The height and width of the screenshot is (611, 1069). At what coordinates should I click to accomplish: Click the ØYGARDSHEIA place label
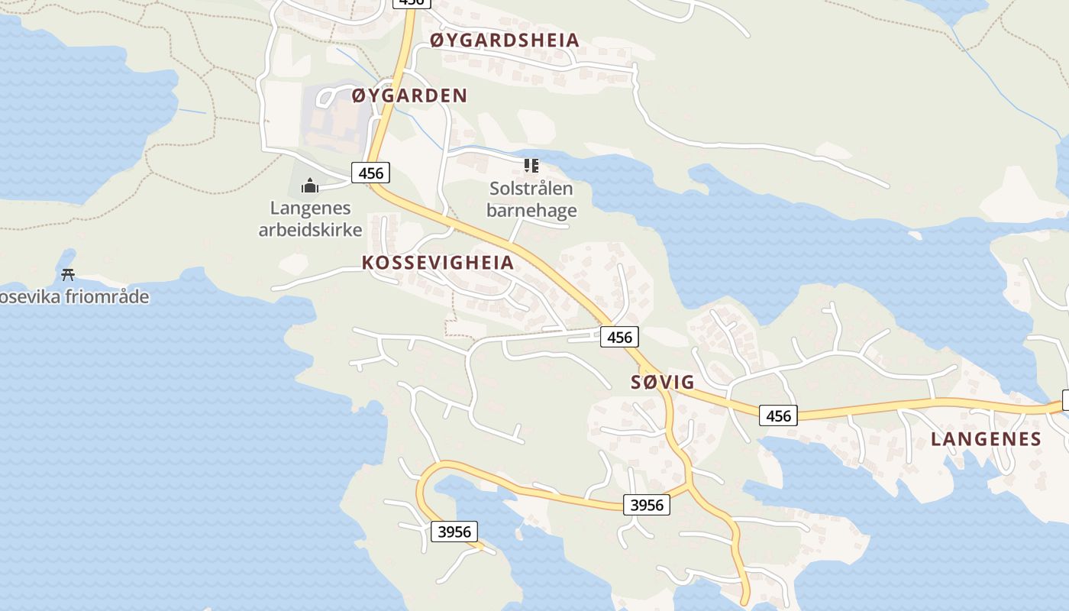pyautogui.click(x=505, y=40)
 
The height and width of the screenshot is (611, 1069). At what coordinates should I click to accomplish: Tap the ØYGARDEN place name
pyautogui.click(x=409, y=95)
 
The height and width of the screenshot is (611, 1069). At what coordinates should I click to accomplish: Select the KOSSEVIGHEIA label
pyautogui.click(x=438, y=263)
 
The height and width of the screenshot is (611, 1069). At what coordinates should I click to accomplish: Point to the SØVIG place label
pyautogui.click(x=663, y=382)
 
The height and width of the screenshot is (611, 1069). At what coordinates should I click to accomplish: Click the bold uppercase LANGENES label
pyautogui.click(x=986, y=438)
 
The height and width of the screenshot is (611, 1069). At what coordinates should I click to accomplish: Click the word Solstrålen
pyautogui.click(x=531, y=189)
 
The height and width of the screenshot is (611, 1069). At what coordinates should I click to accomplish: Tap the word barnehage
pyautogui.click(x=531, y=210)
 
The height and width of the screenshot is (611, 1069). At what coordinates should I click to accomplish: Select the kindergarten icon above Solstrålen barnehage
pyautogui.click(x=531, y=165)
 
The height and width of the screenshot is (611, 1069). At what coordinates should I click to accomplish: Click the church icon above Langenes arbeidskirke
pyautogui.click(x=309, y=185)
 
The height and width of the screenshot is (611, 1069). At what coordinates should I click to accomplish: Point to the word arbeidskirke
pyautogui.click(x=310, y=229)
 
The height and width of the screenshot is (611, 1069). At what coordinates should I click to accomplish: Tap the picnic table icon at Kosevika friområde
pyautogui.click(x=68, y=274)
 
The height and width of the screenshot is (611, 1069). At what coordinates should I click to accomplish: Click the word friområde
pyautogui.click(x=108, y=296)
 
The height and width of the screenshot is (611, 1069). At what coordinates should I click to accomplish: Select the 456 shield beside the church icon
pyautogui.click(x=370, y=173)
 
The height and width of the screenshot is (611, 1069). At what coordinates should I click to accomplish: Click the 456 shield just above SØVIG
pyautogui.click(x=619, y=336)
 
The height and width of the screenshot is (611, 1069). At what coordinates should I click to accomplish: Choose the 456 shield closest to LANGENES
pyautogui.click(x=778, y=415)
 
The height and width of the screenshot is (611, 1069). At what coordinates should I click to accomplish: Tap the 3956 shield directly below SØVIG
pyautogui.click(x=647, y=504)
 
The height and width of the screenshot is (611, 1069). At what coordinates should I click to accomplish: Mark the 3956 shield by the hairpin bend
pyautogui.click(x=454, y=531)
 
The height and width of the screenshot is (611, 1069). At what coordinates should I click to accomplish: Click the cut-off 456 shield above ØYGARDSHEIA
pyautogui.click(x=411, y=2)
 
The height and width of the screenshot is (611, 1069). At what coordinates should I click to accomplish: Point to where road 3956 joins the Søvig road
pyautogui.click(x=689, y=484)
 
